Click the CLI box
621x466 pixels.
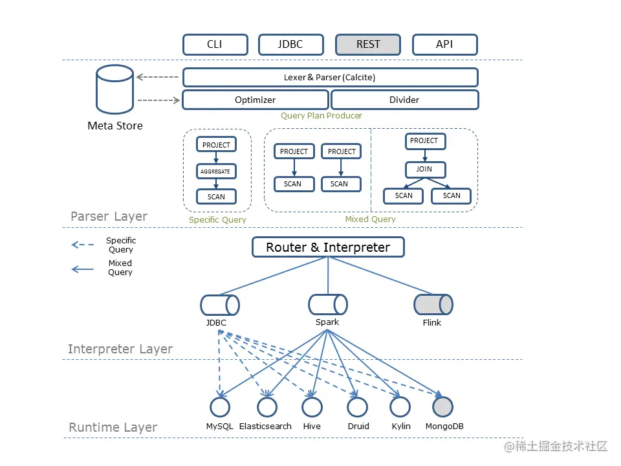point(215,45)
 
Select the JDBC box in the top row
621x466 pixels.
point(290,45)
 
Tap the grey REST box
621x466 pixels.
point(368,45)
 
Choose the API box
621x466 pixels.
point(444,45)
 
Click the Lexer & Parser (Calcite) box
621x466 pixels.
point(330,78)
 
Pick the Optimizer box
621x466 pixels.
point(255,100)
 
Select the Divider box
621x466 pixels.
point(404,100)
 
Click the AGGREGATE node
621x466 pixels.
point(216,172)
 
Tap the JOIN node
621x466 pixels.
point(424,170)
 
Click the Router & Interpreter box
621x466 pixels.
point(328,247)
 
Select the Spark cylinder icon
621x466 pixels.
point(327,304)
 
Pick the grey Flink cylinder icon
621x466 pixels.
point(433,305)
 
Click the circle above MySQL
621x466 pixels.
point(220,407)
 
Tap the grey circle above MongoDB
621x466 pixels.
point(443,407)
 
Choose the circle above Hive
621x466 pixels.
point(312,407)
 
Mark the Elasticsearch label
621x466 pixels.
point(265,427)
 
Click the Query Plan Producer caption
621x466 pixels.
point(321,116)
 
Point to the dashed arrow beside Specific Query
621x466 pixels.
point(82,245)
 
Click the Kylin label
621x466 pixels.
point(401,427)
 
